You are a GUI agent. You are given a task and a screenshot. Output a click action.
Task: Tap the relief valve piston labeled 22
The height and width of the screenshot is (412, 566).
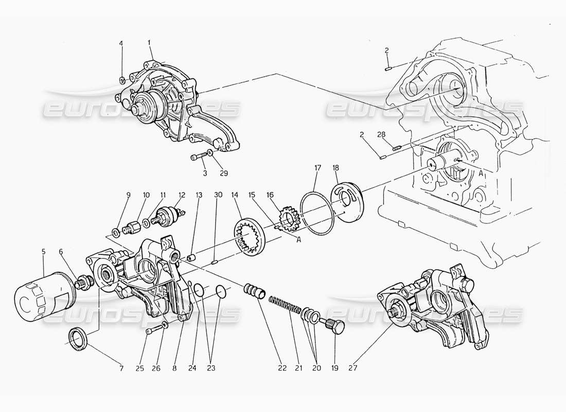coord(256,290)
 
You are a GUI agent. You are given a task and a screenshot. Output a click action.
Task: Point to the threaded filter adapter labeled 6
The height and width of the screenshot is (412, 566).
coord(82,283)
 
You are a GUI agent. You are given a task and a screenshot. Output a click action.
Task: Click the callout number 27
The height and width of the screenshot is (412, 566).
coord(352,368)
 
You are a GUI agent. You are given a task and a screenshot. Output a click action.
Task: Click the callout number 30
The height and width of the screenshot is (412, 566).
coord(218,195)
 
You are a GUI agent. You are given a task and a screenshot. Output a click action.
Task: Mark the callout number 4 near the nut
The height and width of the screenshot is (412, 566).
coord(121,44)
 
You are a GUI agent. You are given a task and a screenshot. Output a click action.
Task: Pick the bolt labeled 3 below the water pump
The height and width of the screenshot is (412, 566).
coord(197,157)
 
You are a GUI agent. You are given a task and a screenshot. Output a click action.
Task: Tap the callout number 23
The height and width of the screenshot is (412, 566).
coord(210,368)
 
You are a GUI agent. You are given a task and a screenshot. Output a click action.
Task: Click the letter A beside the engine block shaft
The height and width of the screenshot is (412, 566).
coord(480,174)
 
